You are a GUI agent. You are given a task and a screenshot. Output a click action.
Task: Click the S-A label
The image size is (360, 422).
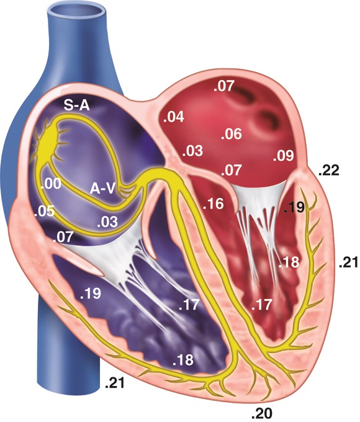(x=76, y=105)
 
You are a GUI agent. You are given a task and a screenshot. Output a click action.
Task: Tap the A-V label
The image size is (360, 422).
(x=102, y=189)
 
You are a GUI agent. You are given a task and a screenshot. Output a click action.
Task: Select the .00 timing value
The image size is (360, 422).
(x=51, y=184)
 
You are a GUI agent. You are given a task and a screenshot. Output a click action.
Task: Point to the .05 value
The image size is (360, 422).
(x=45, y=211)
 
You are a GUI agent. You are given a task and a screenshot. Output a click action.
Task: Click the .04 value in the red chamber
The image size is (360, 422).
(x=174, y=117)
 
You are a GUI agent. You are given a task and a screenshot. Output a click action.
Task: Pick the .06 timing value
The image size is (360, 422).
(x=232, y=134)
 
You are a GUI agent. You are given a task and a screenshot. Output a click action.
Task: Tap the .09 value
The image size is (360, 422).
(x=283, y=156)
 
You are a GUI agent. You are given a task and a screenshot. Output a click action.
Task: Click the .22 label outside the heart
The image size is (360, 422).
(x=329, y=171)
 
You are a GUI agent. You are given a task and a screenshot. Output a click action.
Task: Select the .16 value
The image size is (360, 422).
(x=214, y=204)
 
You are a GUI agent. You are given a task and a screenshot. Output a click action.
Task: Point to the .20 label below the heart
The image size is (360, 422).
(x=262, y=413)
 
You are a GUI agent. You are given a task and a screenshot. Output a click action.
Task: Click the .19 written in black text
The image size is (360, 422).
(x=295, y=207)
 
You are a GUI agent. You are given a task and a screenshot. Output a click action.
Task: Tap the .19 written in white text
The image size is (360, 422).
(x=91, y=294)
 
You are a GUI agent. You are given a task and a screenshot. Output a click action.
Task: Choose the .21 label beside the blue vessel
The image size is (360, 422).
(x=115, y=384)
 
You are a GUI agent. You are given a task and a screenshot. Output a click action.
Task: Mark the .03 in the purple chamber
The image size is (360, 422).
(x=107, y=222)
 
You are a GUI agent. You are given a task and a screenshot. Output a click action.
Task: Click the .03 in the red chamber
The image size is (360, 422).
(x=192, y=151)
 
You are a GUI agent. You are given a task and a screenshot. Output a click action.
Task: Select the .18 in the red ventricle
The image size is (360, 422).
(x=289, y=263)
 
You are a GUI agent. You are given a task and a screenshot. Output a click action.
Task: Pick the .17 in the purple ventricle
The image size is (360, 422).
(x=189, y=305)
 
